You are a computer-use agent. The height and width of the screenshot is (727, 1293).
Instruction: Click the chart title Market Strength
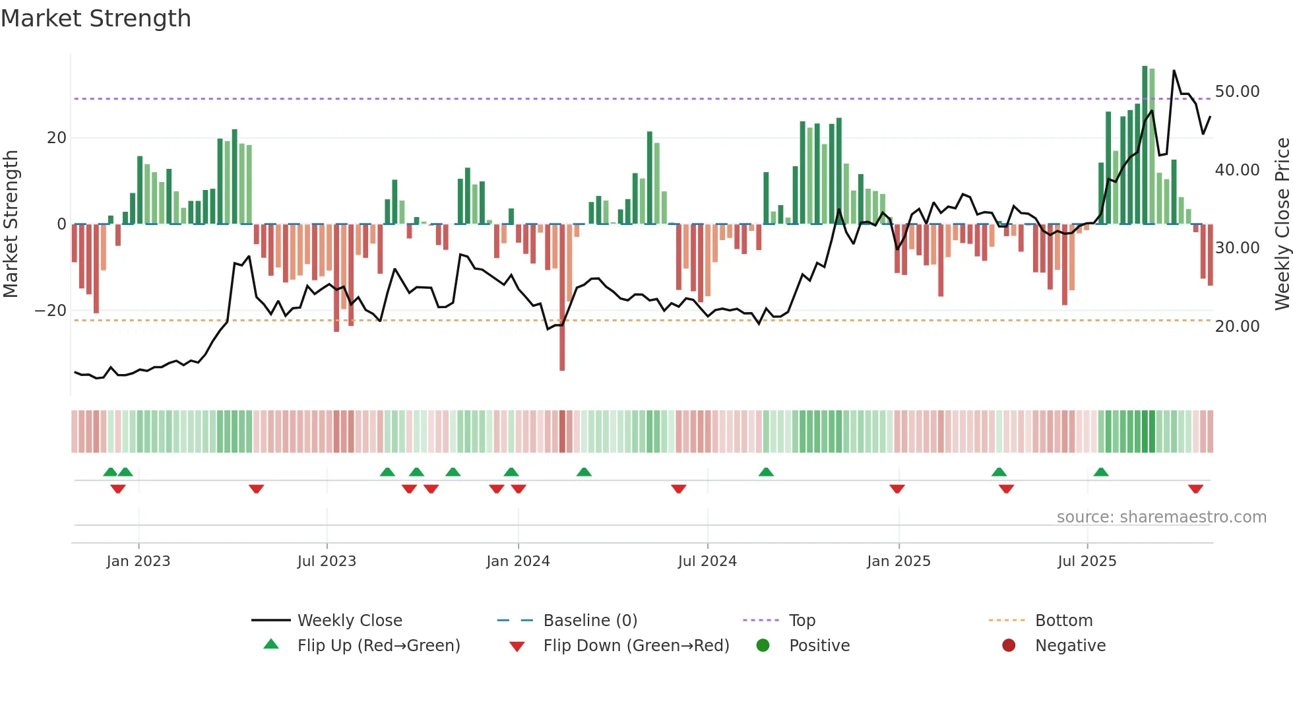[x=96, y=18]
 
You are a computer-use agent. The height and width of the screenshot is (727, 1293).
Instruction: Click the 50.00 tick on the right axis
[x=1237, y=92]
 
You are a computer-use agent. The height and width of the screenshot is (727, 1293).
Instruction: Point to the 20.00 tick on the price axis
[x=1237, y=327]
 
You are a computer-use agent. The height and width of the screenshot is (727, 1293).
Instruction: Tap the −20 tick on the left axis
[x=51, y=311]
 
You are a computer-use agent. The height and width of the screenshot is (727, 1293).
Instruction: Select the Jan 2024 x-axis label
[x=518, y=561]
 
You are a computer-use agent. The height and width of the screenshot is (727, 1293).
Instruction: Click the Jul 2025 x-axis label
[x=1087, y=561]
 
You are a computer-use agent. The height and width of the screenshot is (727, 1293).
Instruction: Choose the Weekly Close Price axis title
[x=1282, y=224]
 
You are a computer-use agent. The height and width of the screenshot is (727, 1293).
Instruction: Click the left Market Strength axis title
[x=11, y=224]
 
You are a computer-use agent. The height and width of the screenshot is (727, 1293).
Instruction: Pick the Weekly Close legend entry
[x=349, y=621]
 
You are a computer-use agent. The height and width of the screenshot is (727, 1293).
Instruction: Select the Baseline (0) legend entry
[x=590, y=621]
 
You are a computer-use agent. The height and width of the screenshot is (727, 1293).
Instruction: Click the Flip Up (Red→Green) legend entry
[x=378, y=646]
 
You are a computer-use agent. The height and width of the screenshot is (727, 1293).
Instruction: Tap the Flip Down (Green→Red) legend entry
[x=636, y=646]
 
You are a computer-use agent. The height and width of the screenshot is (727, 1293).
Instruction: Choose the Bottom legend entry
[x=1063, y=621]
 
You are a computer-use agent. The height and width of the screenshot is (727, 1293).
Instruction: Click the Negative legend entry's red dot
[x=1009, y=646]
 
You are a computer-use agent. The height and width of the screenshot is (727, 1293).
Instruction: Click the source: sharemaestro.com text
[x=1161, y=517]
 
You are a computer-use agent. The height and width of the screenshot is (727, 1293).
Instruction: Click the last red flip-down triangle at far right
[x=1195, y=489]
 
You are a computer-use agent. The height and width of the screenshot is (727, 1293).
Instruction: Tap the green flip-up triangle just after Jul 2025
[x=1100, y=472]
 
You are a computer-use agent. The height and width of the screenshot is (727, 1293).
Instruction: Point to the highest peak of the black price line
[x=1174, y=71]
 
